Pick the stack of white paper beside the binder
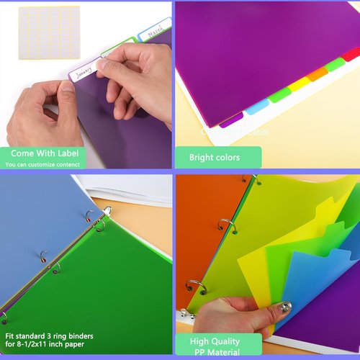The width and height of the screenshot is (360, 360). tap(133, 191)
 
